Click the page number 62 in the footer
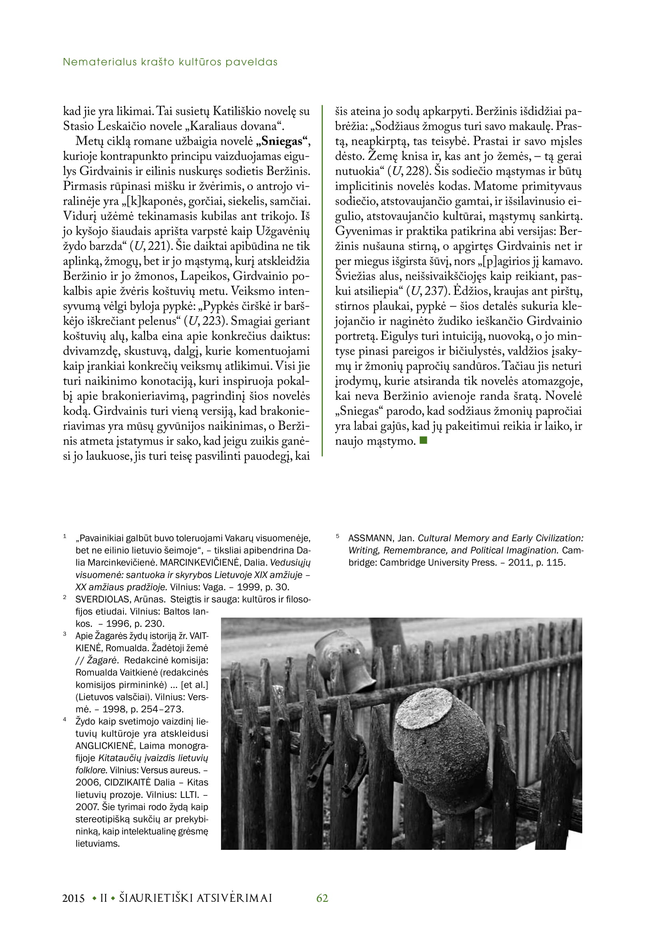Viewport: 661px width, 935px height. tap(322, 898)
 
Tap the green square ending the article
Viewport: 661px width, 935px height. tap(423, 440)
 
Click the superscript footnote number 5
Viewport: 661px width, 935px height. tap(337, 536)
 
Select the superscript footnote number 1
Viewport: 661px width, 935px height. tap(65, 536)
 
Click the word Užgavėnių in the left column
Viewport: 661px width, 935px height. tap(283, 231)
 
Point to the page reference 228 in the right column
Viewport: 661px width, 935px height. tap(415, 171)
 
